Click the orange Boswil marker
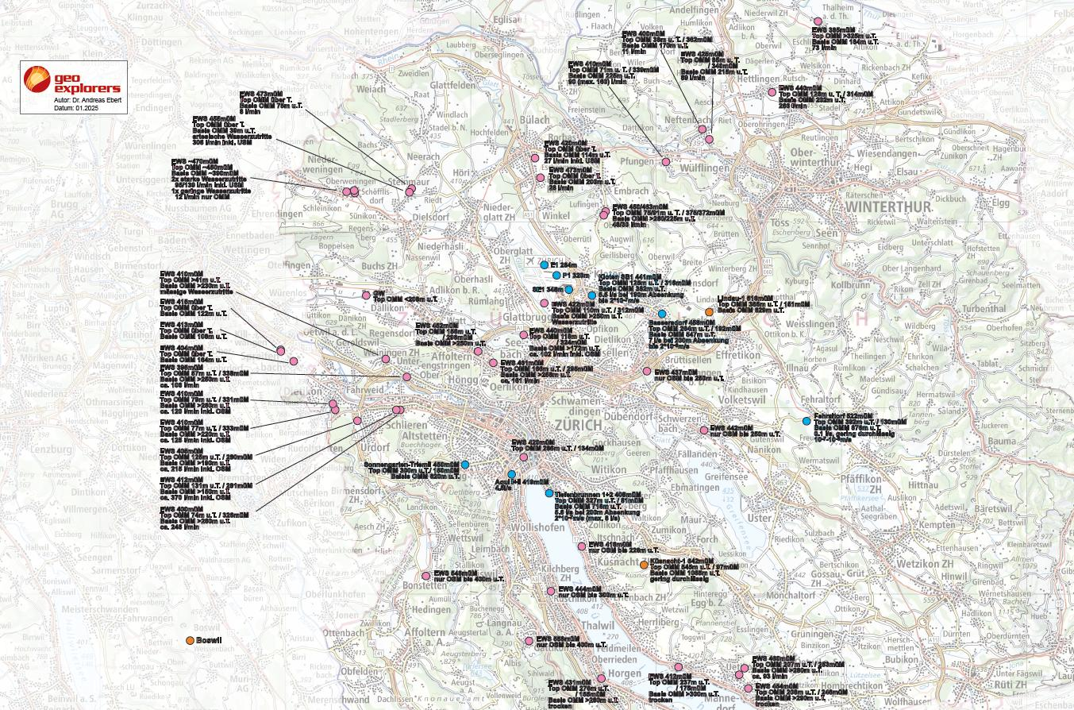pos(190,640)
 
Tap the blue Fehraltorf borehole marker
pos(806,421)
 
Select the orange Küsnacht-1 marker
pos(644,565)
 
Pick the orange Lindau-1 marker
pos(709,312)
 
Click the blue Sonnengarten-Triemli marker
pos(465,465)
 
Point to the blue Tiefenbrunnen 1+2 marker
pos(549,493)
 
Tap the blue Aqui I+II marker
pos(512,474)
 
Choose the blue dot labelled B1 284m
pos(545,264)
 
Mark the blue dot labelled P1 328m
pos(556,276)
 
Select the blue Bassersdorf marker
pos(662,314)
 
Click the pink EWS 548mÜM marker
pos(426,576)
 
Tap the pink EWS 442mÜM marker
pos(704,430)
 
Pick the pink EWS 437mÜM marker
pos(647,371)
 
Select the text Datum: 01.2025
pos(76,108)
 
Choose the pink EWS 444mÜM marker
pos(551,591)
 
